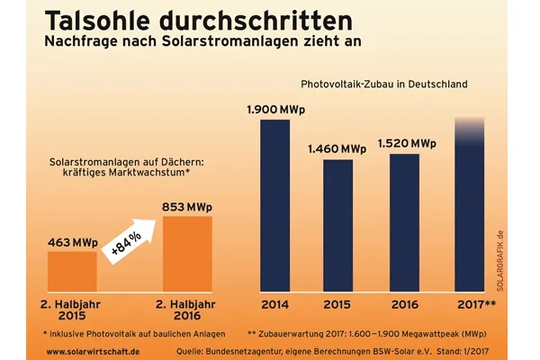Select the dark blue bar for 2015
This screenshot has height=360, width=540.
pyautogui.click(x=337, y=224)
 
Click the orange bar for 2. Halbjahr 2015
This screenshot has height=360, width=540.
pyautogui.click(x=72, y=270)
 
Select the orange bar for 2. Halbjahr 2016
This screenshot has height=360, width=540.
pyautogui.click(x=186, y=253)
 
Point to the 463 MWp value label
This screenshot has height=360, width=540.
pyautogui.click(x=72, y=242)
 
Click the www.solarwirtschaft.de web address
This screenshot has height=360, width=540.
pyautogui.click(x=91, y=351)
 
